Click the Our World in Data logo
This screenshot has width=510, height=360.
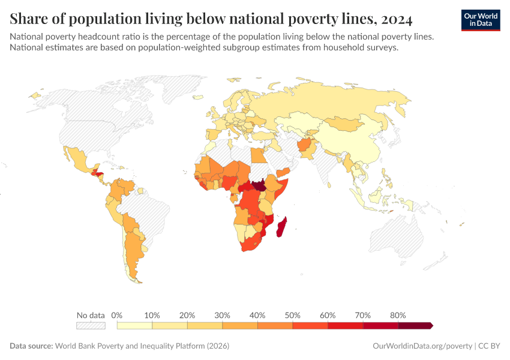point(480,20)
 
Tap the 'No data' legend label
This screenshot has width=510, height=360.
point(91,315)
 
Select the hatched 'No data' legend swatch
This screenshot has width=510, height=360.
point(91,325)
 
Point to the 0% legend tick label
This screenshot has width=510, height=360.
point(118,315)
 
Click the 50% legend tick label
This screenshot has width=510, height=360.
point(292,315)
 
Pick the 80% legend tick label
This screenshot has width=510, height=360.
point(398,315)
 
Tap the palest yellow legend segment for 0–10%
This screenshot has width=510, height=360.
point(134,325)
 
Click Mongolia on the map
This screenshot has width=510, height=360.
point(344,124)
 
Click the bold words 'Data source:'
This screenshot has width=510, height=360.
point(31,346)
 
